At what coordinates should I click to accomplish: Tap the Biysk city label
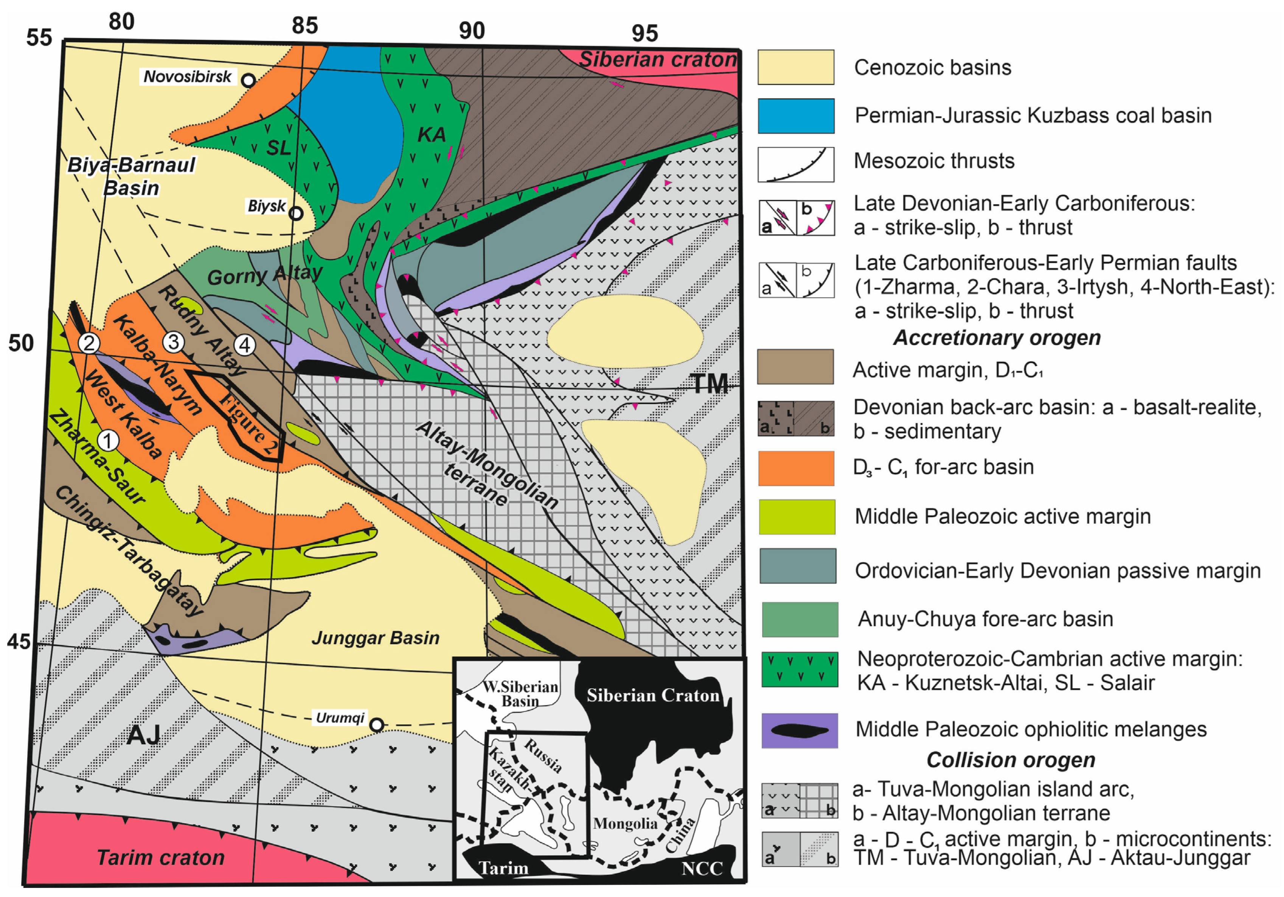(267, 206)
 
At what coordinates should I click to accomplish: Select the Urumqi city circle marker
(377, 725)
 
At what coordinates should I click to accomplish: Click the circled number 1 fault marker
(108, 441)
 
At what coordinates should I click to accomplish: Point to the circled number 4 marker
(244, 345)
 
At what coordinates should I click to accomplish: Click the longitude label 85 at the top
(305, 25)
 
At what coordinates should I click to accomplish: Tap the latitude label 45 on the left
(19, 641)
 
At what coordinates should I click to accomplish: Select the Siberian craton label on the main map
(658, 59)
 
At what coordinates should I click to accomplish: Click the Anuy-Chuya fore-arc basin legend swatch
(800, 619)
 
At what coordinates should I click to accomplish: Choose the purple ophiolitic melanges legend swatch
(800, 730)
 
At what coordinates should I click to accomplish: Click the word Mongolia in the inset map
(625, 823)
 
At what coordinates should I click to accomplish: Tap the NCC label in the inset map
(702, 869)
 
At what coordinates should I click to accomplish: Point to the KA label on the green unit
(432, 135)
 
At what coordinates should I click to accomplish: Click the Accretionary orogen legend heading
(997, 338)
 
